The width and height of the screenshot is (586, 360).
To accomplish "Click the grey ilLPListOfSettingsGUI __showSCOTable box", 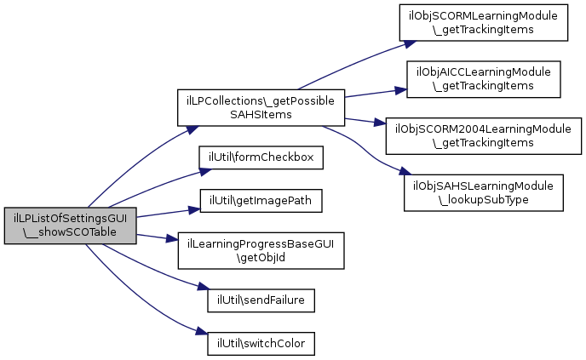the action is pyautogui.click(x=70, y=226).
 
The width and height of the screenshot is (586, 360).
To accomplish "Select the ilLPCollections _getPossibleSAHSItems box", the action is pyautogui.click(x=261, y=107).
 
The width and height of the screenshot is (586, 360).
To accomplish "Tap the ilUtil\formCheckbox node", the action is pyautogui.click(x=261, y=157).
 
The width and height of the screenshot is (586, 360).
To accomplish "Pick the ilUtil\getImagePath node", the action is pyautogui.click(x=261, y=201).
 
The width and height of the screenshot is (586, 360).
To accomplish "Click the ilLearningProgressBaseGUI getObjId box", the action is pyautogui.click(x=261, y=250).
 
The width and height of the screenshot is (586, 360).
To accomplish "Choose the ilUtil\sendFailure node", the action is pyautogui.click(x=261, y=300).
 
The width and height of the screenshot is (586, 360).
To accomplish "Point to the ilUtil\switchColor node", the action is pyautogui.click(x=261, y=344).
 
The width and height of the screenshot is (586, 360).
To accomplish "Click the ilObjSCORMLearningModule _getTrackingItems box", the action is pyautogui.click(x=484, y=22).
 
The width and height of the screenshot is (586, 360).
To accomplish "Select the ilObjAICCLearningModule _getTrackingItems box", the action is pyautogui.click(x=484, y=79).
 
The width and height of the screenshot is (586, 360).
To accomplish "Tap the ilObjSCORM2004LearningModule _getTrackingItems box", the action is pyautogui.click(x=484, y=136).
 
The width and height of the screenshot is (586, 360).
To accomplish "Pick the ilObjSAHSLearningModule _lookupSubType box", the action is pyautogui.click(x=484, y=192).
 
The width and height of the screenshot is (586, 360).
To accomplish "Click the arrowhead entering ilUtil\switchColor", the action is pyautogui.click(x=202, y=331).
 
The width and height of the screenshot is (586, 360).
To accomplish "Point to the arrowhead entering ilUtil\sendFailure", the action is pyautogui.click(x=204, y=287).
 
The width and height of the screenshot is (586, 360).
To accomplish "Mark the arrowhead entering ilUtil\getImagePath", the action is pyautogui.click(x=194, y=210).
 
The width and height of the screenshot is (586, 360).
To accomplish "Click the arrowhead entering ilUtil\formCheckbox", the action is pyautogui.click(x=205, y=171).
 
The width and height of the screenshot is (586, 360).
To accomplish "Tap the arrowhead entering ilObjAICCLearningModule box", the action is pyautogui.click(x=400, y=90).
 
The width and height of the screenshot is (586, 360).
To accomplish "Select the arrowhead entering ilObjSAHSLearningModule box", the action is pyautogui.click(x=405, y=171).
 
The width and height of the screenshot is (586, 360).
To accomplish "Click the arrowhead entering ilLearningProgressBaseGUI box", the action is pyautogui.click(x=172, y=239).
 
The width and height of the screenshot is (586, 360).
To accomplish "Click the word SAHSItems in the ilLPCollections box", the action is pyautogui.click(x=261, y=115).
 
